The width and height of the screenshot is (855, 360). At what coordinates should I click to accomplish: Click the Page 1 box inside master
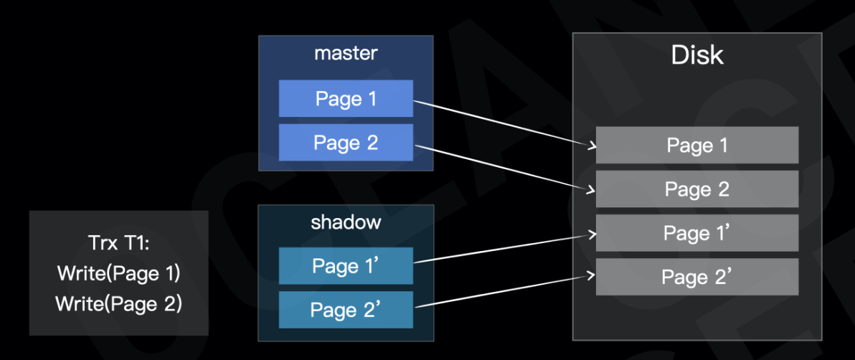[346, 98]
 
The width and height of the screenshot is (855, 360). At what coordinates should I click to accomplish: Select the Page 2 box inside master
[346, 142]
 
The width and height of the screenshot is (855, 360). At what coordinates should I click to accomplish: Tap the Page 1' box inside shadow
[346, 266]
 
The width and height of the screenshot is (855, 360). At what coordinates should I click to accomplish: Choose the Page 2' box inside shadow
[346, 309]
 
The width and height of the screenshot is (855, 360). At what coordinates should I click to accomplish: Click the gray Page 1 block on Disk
[696, 145]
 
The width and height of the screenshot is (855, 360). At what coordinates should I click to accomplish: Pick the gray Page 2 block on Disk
[696, 189]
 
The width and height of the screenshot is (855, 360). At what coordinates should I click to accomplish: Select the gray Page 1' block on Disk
[696, 233]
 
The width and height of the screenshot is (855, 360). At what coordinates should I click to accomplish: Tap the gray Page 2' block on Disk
[696, 277]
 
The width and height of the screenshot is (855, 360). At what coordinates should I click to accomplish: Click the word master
[346, 53]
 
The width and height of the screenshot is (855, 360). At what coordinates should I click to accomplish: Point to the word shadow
[346, 222]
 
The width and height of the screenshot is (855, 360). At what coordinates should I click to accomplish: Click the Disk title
[696, 55]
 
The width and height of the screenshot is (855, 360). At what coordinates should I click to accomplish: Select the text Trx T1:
[119, 243]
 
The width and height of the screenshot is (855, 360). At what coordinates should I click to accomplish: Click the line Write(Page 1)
[119, 273]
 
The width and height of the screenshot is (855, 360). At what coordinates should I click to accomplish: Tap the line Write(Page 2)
[119, 304]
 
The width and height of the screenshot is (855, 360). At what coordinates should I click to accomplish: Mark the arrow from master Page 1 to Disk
[502, 123]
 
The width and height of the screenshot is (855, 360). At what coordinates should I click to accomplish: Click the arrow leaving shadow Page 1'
[502, 248]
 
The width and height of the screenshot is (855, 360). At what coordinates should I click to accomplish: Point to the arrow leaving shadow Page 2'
[502, 290]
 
